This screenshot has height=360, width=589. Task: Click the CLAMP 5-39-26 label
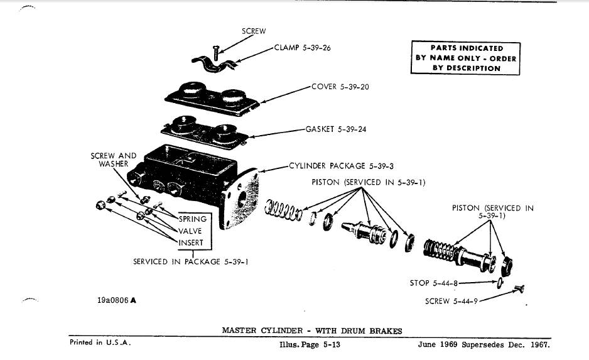click(302, 48)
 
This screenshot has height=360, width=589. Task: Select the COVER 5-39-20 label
click(340, 87)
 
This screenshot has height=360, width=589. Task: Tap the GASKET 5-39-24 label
click(335, 129)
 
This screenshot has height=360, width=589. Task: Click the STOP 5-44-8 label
click(430, 283)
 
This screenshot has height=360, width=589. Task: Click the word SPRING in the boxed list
click(193, 219)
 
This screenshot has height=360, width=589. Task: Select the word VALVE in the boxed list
click(190, 231)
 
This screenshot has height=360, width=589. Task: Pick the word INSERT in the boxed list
click(191, 243)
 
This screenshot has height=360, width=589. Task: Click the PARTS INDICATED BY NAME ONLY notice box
click(465, 58)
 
